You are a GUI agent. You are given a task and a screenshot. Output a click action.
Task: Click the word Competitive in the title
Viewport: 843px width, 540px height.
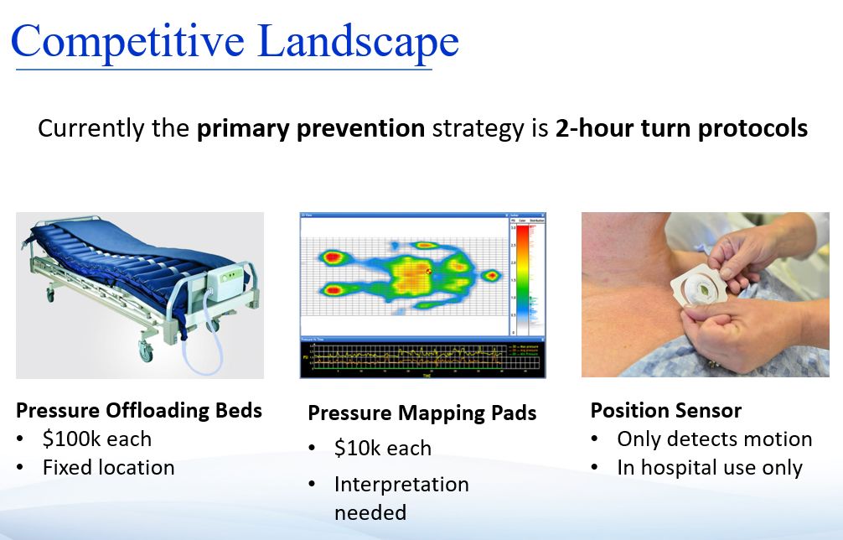click(127, 42)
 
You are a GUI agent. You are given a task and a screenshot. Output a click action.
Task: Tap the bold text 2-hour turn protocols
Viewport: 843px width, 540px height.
click(681, 129)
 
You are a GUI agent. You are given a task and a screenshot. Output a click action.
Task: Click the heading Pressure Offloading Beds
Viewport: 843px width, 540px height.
click(139, 410)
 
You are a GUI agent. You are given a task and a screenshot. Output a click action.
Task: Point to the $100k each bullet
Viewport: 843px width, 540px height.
click(96, 439)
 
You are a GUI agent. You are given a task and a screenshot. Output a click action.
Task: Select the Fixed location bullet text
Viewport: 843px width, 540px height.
click(108, 467)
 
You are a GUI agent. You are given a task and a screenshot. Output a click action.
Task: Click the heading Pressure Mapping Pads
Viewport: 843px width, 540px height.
click(421, 413)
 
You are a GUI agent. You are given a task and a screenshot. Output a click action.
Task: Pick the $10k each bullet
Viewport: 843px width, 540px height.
click(382, 448)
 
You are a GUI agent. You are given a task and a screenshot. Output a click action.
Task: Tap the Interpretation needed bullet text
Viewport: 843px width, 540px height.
click(401, 497)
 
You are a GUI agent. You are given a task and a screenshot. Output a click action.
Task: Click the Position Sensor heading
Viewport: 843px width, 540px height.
click(665, 410)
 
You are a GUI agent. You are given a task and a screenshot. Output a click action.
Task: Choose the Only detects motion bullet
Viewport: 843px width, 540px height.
click(714, 439)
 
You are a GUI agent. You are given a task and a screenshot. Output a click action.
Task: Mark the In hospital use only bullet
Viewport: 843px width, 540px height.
click(709, 467)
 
